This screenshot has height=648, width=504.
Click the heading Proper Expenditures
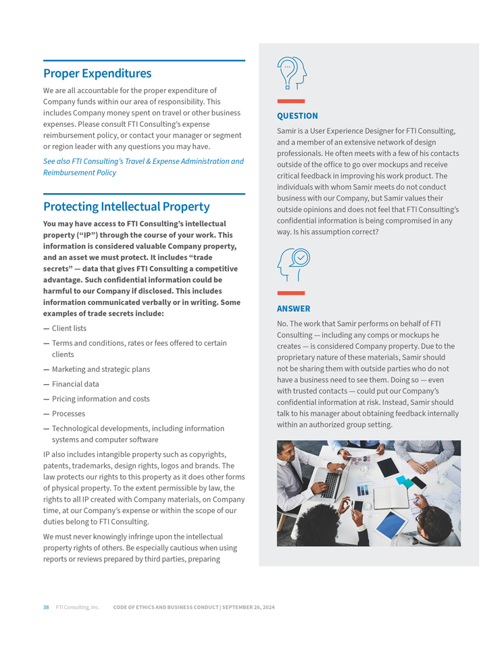click(x=97, y=73)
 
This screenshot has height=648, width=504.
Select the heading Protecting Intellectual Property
click(x=126, y=206)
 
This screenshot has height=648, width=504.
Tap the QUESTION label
click(x=297, y=116)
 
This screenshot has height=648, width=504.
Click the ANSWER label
click(x=294, y=308)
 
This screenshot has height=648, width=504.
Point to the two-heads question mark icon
click(x=292, y=73)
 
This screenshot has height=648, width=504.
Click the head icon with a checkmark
click(x=294, y=264)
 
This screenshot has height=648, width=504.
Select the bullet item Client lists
click(x=69, y=329)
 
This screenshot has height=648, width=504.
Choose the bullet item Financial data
click(x=75, y=384)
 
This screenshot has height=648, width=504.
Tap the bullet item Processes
click(x=68, y=414)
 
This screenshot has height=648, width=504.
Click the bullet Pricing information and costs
click(x=101, y=399)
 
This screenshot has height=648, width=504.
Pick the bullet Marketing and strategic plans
click(x=101, y=369)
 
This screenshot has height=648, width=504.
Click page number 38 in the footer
click(x=46, y=607)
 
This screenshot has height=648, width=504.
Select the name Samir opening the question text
click(x=287, y=131)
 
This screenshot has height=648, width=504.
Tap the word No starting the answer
click(x=282, y=324)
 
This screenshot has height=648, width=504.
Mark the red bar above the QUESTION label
click(x=291, y=101)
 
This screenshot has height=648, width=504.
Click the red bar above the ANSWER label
click(x=291, y=293)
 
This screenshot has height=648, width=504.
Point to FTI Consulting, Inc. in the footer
click(x=78, y=607)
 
